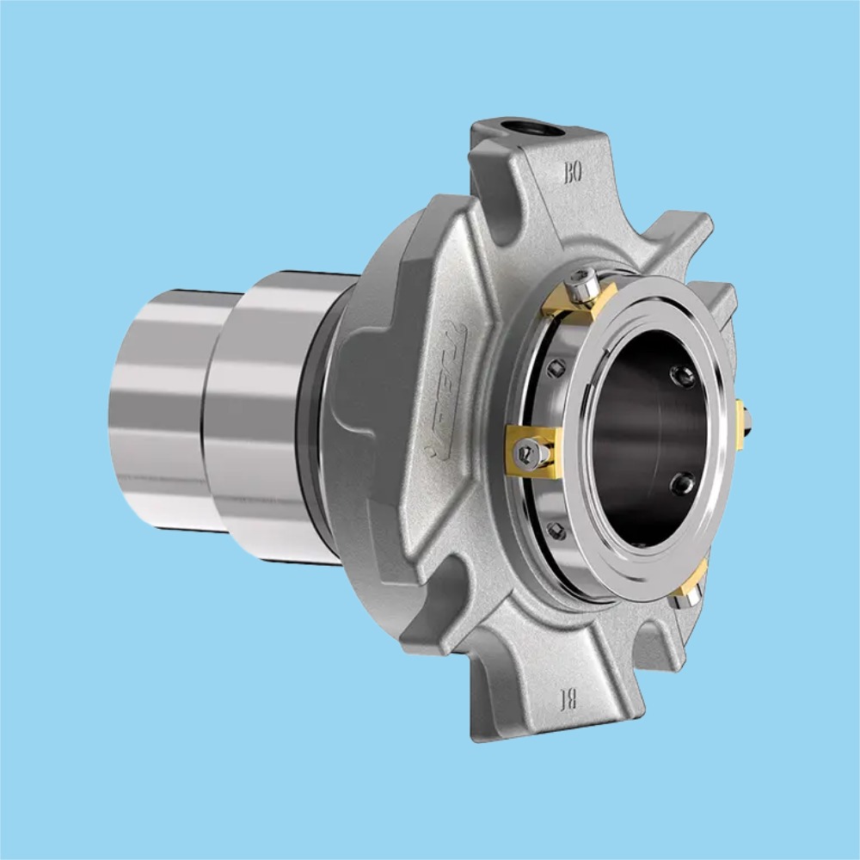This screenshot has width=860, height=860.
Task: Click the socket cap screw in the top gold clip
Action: pos(584,281)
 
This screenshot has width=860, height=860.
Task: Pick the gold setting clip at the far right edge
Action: pos(740,424)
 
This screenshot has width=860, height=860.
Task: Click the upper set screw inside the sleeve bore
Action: pos(684,375)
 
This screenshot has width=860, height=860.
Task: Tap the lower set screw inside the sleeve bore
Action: pos(684,483)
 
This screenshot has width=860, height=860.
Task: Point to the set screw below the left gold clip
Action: pos(557,531)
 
